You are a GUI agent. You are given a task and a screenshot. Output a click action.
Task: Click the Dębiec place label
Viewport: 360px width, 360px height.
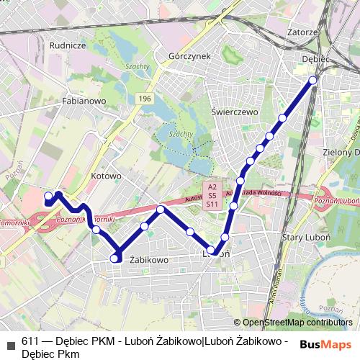(315, 58)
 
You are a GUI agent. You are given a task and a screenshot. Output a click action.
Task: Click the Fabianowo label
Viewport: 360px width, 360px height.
(84, 102)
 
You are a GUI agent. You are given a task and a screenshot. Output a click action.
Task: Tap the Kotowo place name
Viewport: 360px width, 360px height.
(107, 176)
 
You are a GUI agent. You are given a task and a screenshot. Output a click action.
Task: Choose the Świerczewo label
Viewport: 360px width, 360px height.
(235, 112)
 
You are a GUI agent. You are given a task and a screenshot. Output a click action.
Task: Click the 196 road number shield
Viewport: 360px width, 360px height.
(145, 98)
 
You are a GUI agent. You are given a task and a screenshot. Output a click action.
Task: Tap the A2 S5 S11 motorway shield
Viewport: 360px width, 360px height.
(212, 195)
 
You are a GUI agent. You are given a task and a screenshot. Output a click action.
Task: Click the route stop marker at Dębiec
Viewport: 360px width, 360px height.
(312, 80)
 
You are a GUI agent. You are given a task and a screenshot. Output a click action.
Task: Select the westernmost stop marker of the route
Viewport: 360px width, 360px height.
(48, 196)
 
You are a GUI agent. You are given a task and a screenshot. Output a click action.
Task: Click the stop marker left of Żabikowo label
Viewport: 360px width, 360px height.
(114, 258)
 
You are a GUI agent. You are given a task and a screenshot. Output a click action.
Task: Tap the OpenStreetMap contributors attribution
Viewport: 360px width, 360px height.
(297, 323)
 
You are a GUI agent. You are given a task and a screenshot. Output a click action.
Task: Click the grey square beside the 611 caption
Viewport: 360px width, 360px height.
(9, 341)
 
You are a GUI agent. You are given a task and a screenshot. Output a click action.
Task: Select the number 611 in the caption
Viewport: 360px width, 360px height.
(30, 341)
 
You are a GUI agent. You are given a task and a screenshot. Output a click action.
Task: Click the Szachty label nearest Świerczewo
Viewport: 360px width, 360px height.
(180, 134)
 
